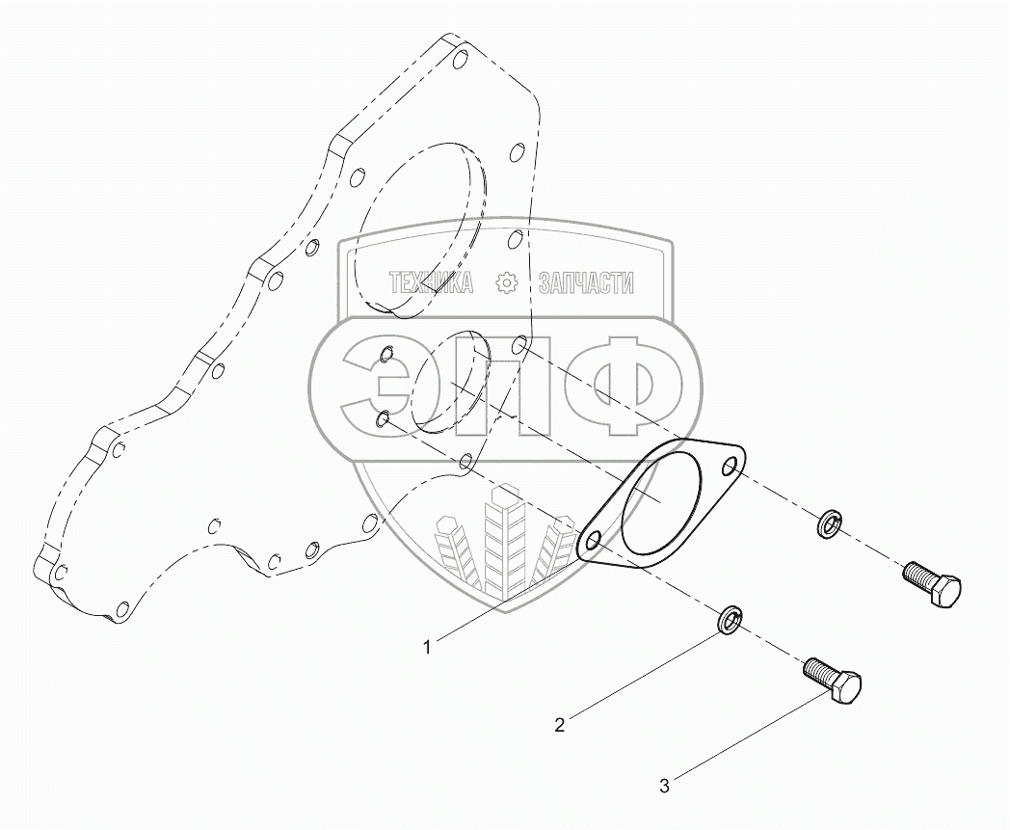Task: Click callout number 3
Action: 663,786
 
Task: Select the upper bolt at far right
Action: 931,584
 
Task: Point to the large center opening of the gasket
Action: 662,501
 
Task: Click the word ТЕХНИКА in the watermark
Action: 431,282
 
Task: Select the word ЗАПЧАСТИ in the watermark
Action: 586,282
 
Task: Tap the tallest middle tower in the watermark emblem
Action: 502,540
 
